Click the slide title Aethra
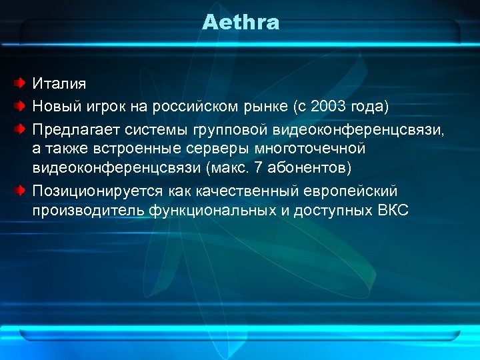(x=241, y=23)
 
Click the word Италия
(x=59, y=85)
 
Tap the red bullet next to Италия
(x=22, y=84)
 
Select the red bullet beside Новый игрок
(x=22, y=105)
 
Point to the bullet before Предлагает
(x=22, y=127)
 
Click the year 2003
(x=329, y=106)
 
